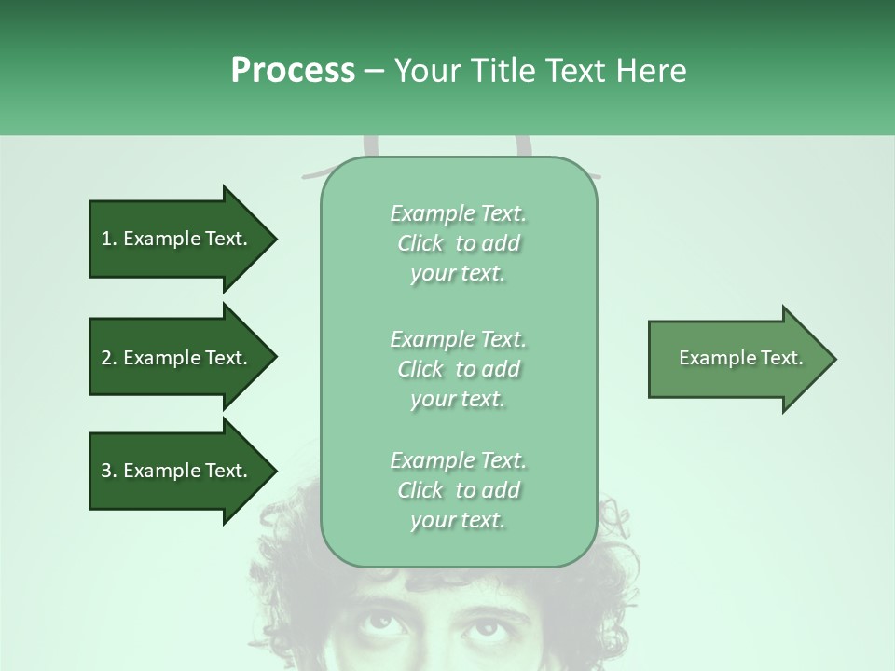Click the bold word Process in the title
coord(293,71)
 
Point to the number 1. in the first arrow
coord(109,239)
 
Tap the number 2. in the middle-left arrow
coord(109,358)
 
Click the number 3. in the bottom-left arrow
coord(109,471)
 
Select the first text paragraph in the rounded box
coord(458,243)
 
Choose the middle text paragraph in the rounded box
coord(458,369)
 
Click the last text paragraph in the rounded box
coord(458,490)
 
